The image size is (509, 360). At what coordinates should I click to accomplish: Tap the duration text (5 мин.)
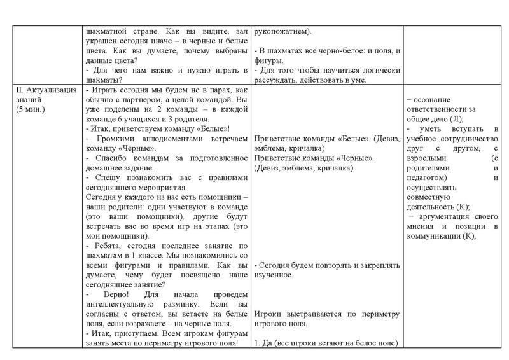pos(33,109)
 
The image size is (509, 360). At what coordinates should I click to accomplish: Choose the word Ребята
pos(109,246)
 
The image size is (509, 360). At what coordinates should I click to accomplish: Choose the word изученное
pos(273,275)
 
